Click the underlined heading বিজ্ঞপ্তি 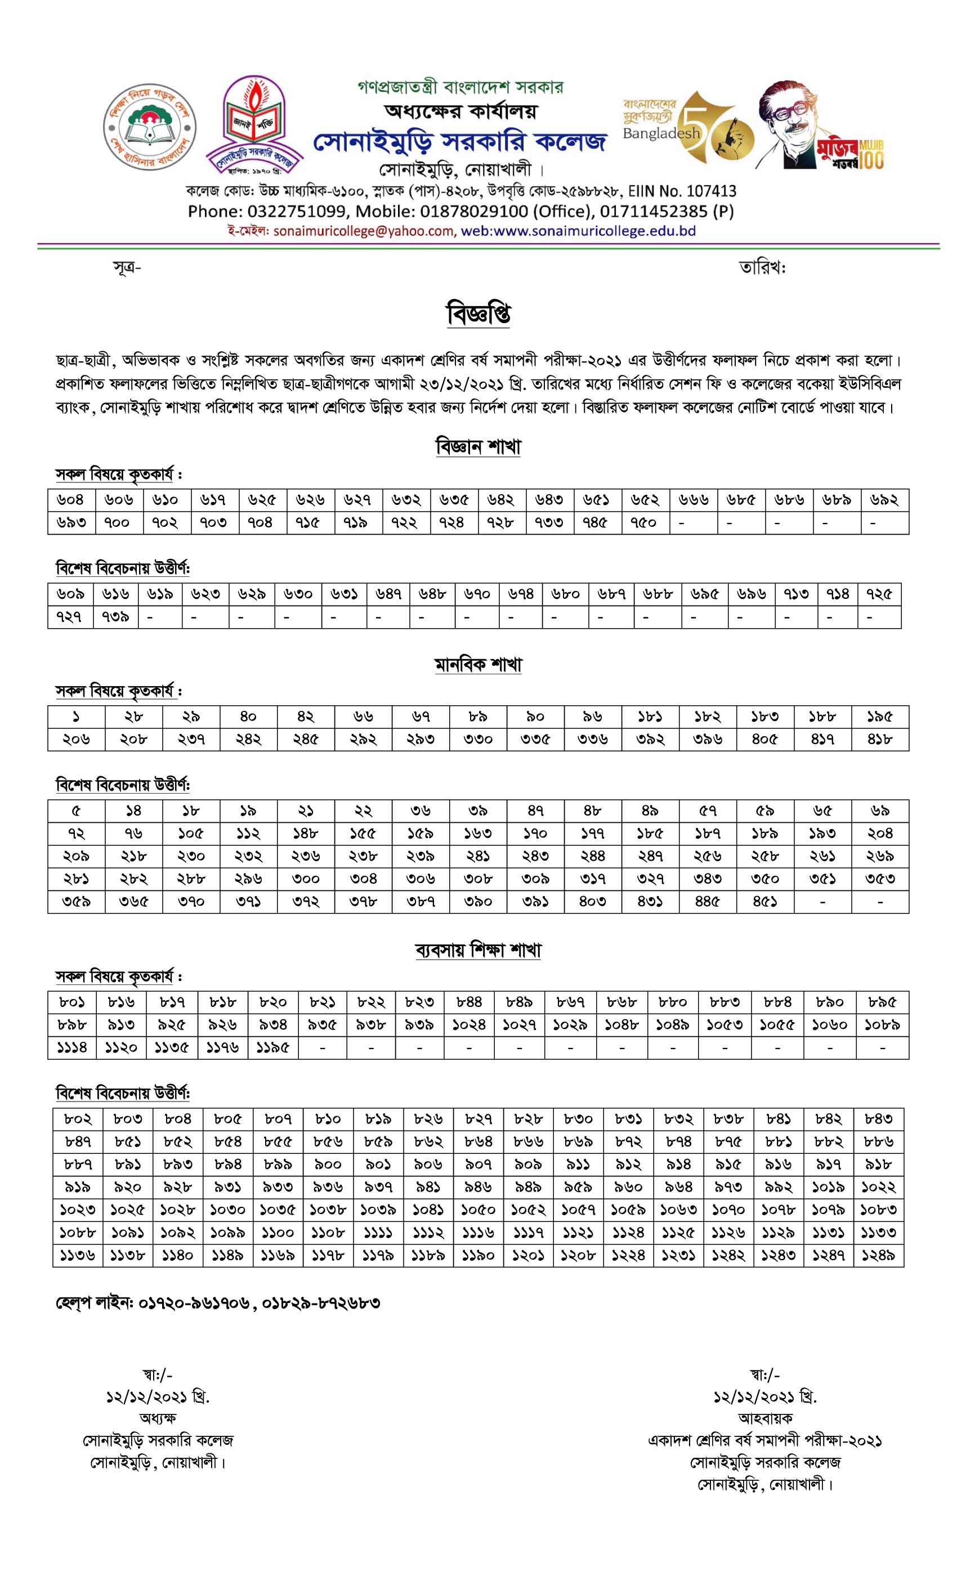pyautogui.click(x=479, y=314)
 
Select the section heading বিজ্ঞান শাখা pyautogui.click(x=478, y=446)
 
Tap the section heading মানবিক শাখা pyautogui.click(x=478, y=665)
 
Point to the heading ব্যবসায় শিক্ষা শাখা pyautogui.click(x=478, y=950)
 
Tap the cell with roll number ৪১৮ pyautogui.click(x=879, y=738)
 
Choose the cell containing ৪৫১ pyautogui.click(x=764, y=901)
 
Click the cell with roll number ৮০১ pyautogui.click(x=71, y=1002)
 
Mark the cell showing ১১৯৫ pyautogui.click(x=272, y=1047)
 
